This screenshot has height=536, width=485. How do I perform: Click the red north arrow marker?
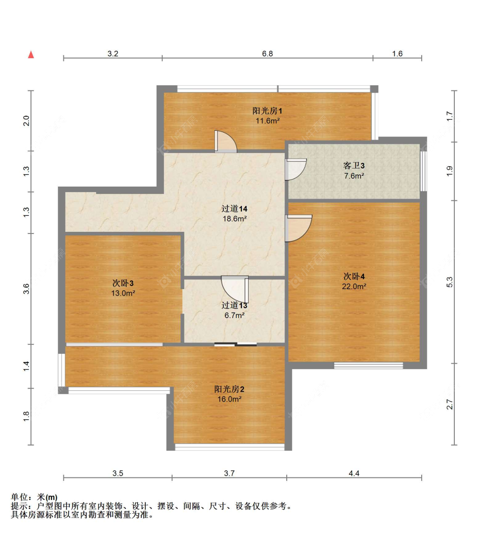click(31, 54)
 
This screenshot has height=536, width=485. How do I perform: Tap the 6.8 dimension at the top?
click(267, 54)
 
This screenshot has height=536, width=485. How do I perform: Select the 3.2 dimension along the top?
click(113, 54)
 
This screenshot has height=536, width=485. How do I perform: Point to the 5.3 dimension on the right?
click(450, 282)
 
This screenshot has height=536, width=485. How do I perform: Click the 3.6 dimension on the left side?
click(26, 288)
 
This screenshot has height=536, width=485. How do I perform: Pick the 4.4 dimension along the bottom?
click(354, 473)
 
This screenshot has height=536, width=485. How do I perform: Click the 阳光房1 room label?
click(267, 111)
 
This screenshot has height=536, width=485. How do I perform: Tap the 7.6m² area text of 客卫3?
click(354, 176)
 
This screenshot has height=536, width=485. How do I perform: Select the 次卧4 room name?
click(354, 276)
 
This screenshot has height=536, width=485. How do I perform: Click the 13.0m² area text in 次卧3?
click(123, 293)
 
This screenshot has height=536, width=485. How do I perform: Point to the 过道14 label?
click(234, 209)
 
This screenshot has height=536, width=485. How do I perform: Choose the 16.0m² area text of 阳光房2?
click(229, 399)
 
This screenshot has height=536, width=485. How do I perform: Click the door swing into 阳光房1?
click(225, 142)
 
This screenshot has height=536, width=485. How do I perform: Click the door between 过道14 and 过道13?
click(235, 289)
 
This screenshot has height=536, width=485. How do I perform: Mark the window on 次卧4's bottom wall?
click(368, 366)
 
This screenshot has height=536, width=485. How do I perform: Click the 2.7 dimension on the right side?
click(450, 404)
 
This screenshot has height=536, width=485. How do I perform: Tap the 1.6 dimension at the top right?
click(397, 54)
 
